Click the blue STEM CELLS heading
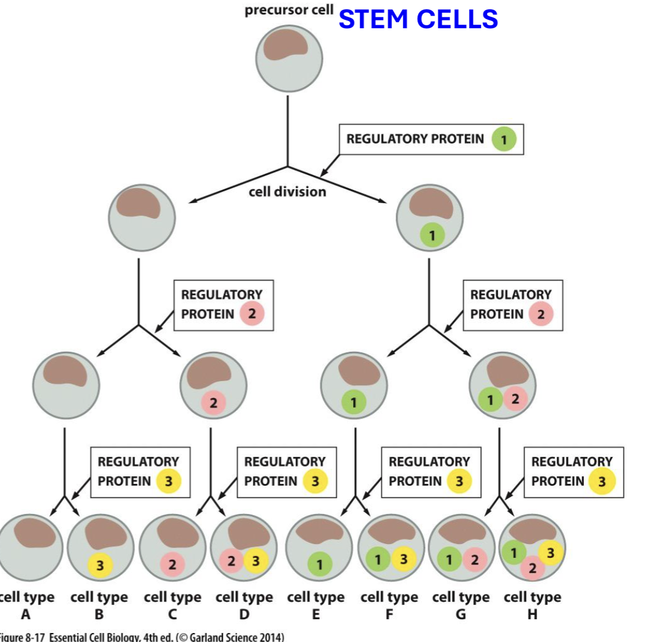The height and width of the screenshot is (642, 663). coord(418,19)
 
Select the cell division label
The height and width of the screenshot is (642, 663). coord(288,192)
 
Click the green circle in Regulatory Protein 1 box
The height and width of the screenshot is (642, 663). coord(504,139)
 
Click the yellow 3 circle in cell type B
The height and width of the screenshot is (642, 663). coord(100,566)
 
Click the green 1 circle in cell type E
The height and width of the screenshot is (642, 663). coord(319,565)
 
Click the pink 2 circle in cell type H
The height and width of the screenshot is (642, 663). coord(531,569)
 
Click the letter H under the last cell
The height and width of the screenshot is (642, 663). coord(532,614)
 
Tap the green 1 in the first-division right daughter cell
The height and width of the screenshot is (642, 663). coord(431,234)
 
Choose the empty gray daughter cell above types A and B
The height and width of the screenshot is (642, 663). coord(66,385)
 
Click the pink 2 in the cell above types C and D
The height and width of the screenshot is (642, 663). coord(213,402)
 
